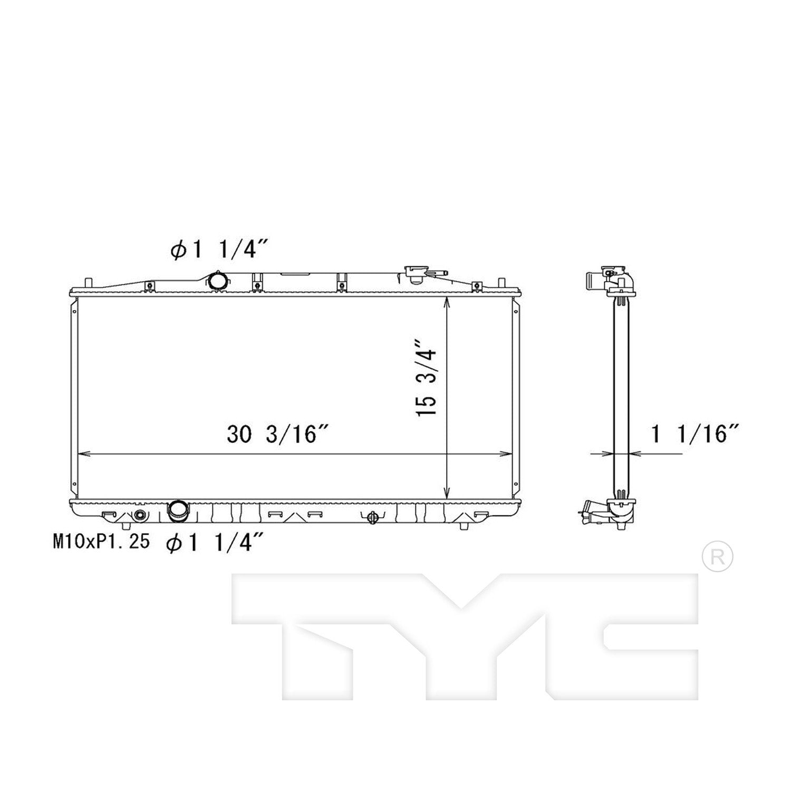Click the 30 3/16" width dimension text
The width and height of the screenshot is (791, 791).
[278, 435]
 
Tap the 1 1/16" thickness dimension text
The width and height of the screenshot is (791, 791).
[695, 435]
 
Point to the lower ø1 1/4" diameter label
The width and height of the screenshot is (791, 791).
[214, 542]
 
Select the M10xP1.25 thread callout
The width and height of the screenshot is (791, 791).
[100, 541]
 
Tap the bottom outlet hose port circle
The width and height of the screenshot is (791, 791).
[177, 510]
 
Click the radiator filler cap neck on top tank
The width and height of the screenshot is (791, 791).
[415, 274]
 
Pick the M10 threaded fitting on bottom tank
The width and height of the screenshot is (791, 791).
[139, 515]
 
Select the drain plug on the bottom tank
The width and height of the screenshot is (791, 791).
[373, 518]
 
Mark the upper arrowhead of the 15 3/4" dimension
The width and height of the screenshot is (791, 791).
[447, 302]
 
